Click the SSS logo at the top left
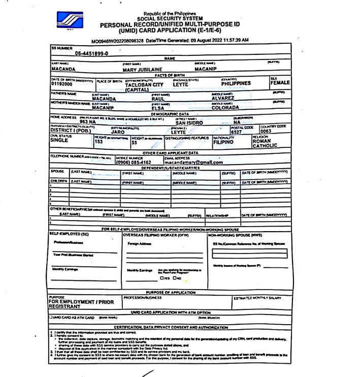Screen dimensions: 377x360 click(x=70, y=22)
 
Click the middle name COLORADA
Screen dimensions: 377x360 click(x=229, y=107)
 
